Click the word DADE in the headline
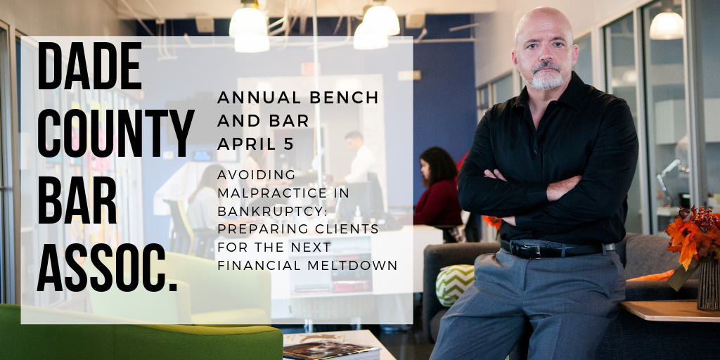[89, 65]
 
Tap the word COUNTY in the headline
[116, 133]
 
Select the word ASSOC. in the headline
[107, 268]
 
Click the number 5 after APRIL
[288, 143]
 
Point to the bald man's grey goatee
[546, 78]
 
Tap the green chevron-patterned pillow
[455, 285]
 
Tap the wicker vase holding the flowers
[708, 285]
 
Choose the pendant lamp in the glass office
[667, 25]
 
